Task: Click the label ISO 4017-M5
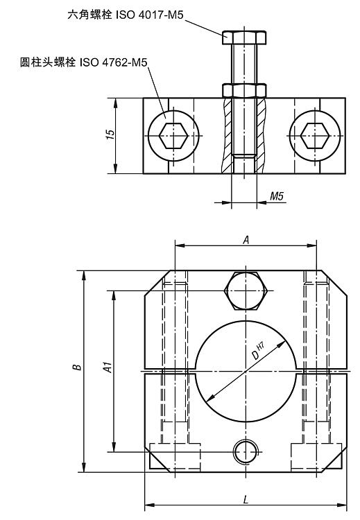(149, 15)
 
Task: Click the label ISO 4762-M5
(113, 62)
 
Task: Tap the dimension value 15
(110, 135)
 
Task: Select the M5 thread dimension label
(277, 196)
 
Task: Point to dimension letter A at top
(246, 240)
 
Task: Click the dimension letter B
(77, 367)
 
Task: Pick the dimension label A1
(108, 367)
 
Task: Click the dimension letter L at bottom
(246, 499)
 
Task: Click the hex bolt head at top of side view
(244, 37)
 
